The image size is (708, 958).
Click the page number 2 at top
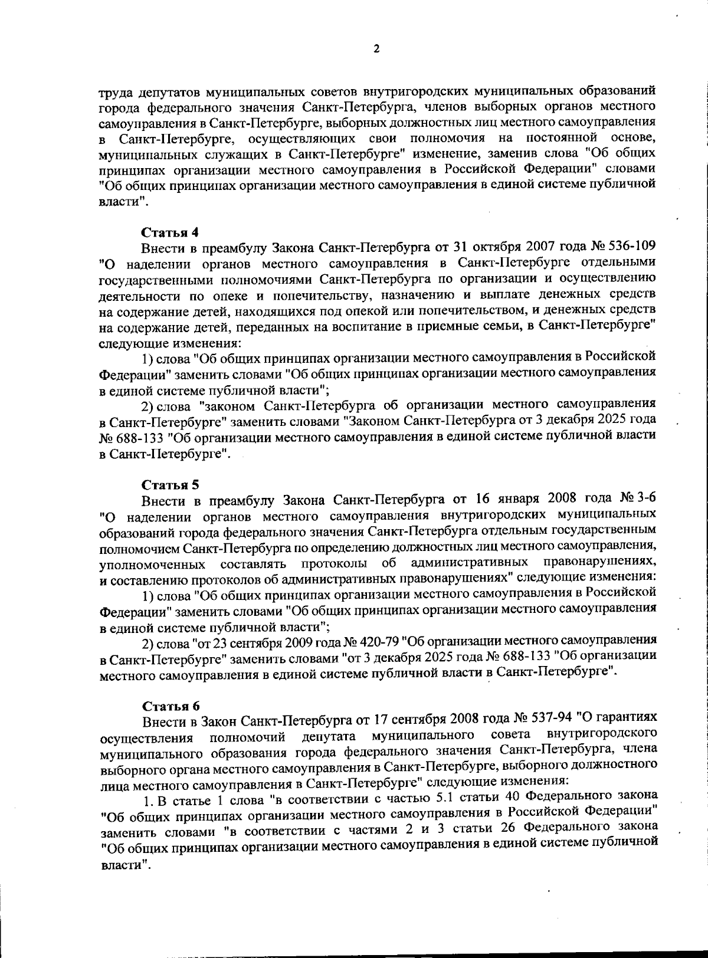click(376, 49)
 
